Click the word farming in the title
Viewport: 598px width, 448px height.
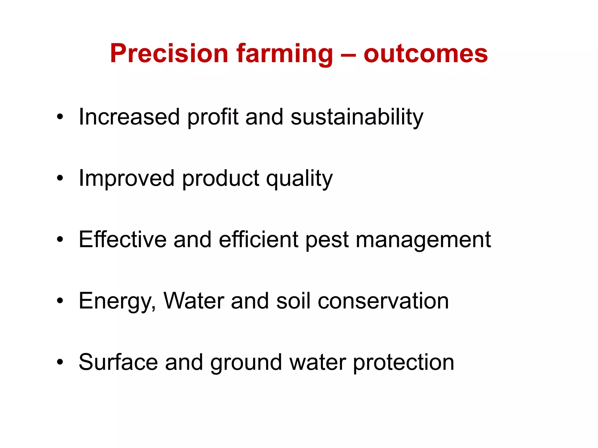(285, 54)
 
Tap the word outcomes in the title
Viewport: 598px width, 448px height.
(425, 54)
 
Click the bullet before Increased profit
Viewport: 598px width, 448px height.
(60, 117)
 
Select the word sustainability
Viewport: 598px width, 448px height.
(357, 117)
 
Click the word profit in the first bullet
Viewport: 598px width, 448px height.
(213, 117)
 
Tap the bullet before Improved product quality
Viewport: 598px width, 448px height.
(60, 178)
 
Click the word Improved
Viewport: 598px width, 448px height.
(127, 178)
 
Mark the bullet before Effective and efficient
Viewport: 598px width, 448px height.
(60, 239)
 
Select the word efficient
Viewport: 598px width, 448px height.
(258, 239)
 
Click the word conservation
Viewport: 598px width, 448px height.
(383, 301)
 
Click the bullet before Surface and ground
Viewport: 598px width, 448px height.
(60, 362)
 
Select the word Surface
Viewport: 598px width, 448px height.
(118, 362)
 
